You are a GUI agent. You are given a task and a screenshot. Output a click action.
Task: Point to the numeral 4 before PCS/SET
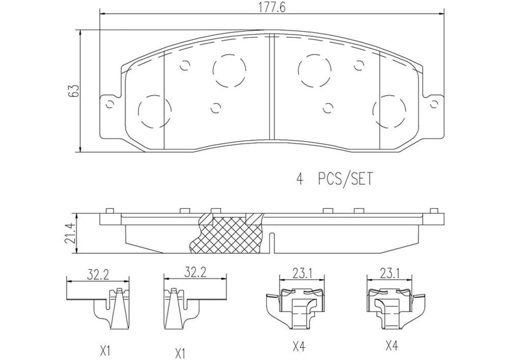[x=299, y=179]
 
